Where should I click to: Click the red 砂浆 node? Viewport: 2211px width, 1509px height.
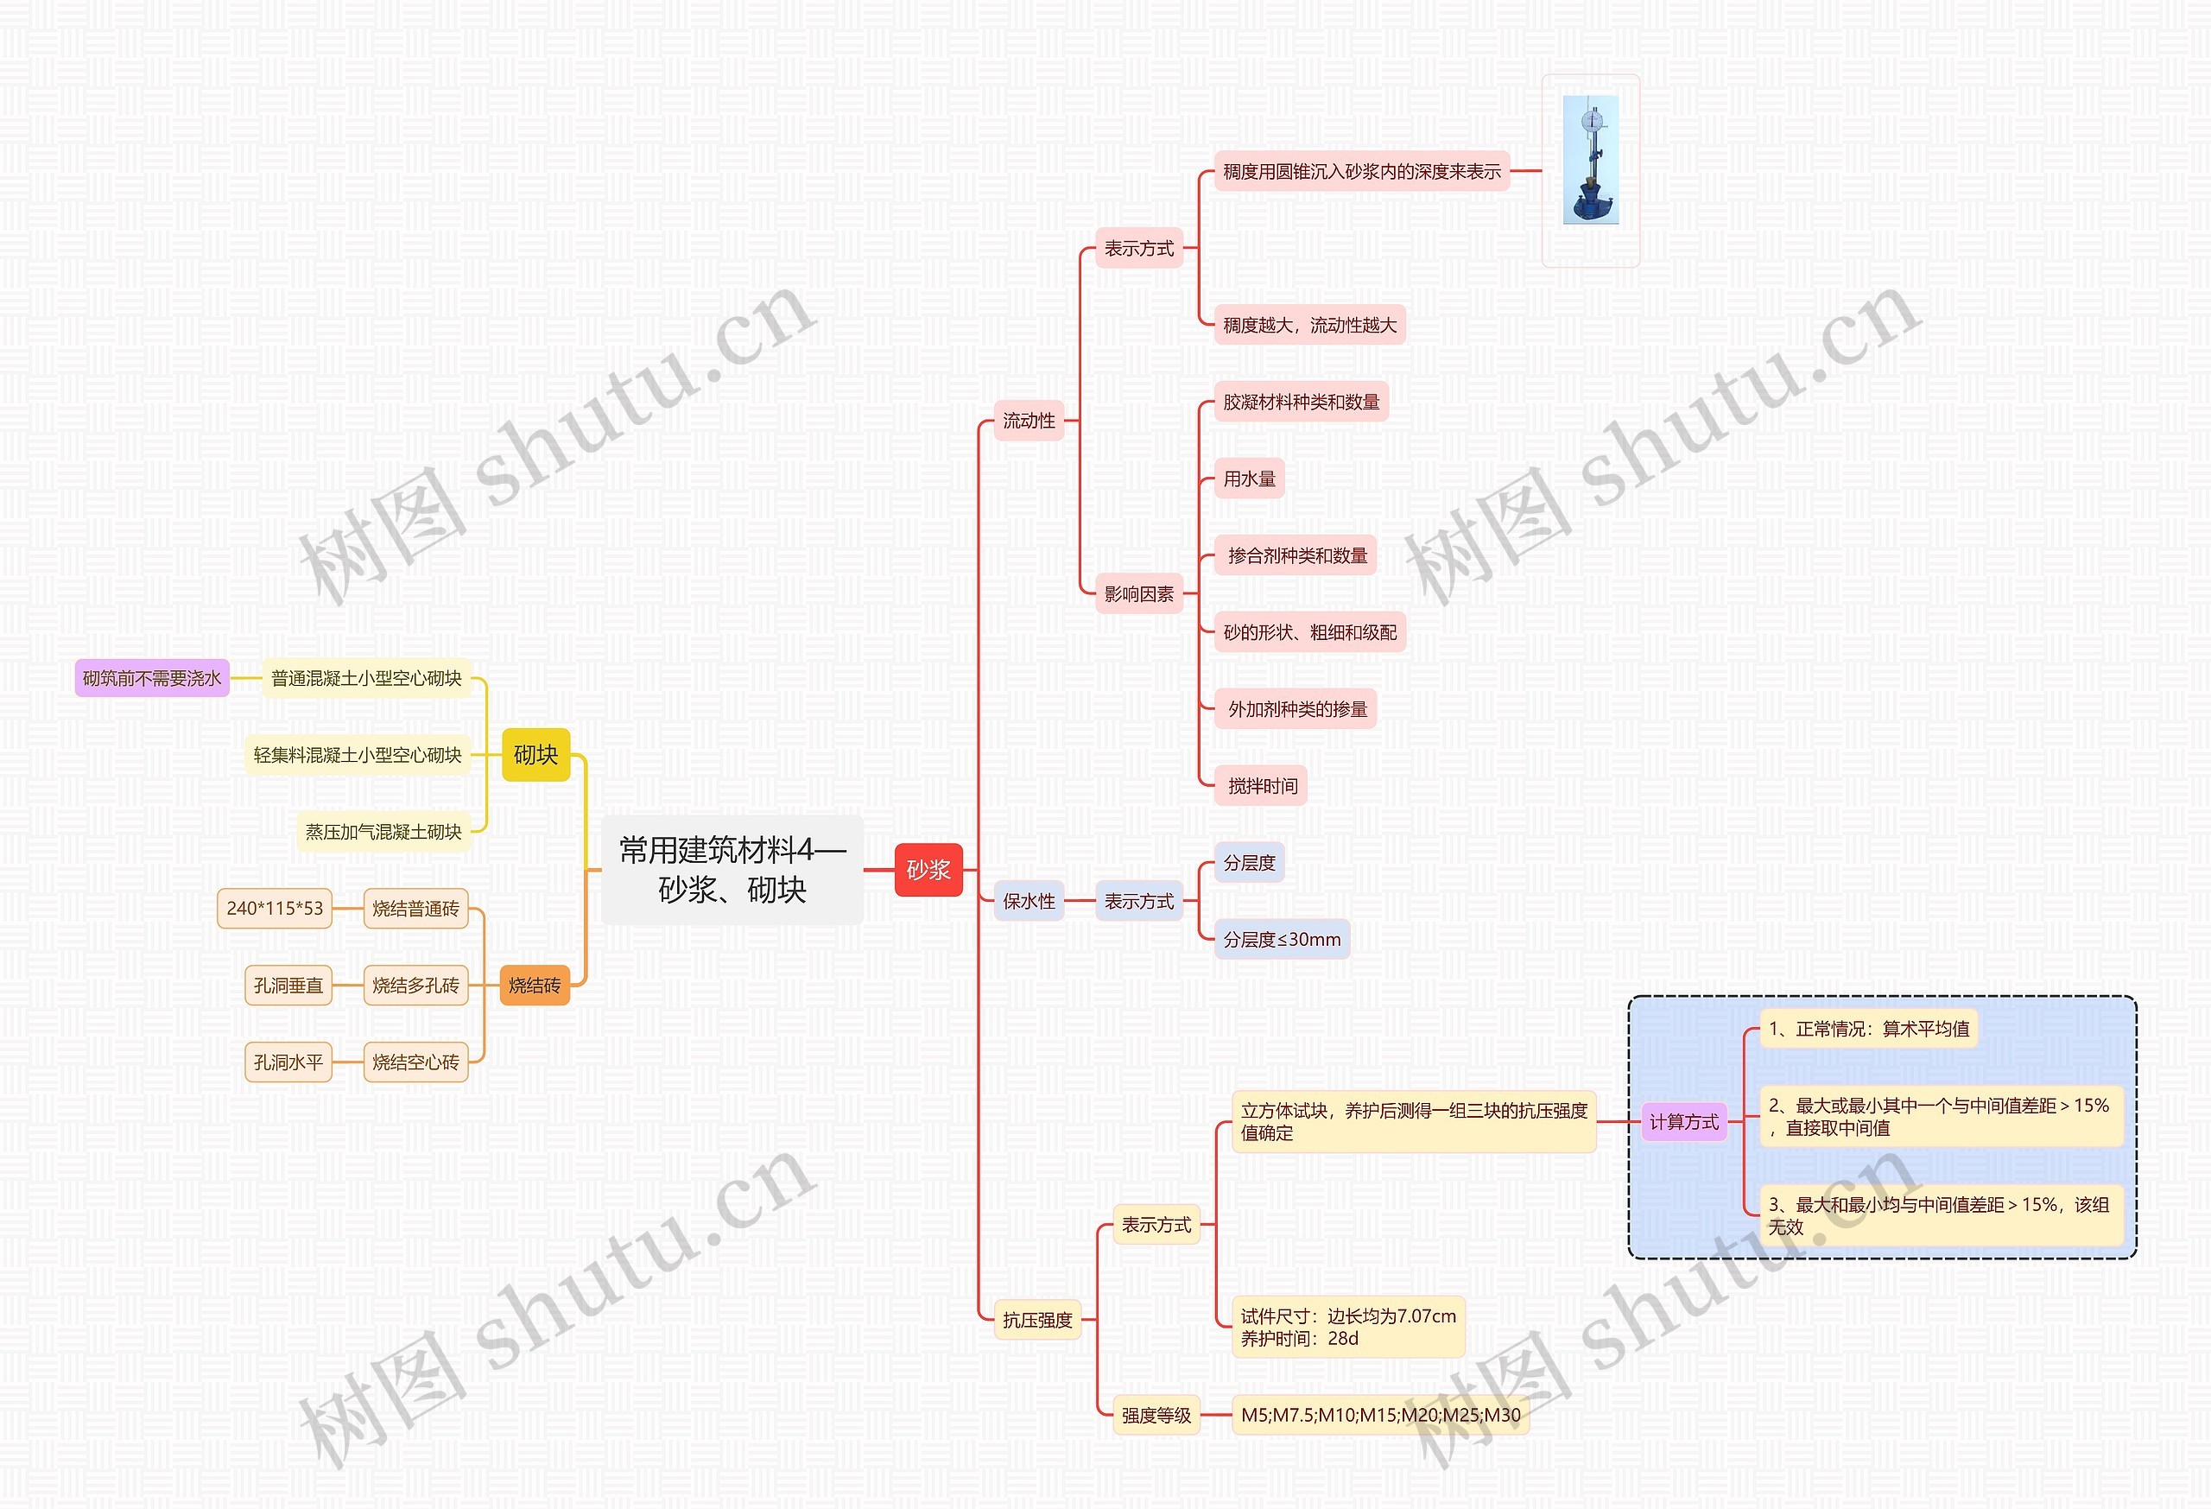coord(928,870)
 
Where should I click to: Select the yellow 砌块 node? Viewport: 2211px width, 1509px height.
coord(535,755)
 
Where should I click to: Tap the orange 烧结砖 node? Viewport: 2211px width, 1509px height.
coord(535,986)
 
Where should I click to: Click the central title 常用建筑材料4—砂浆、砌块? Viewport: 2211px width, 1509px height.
coord(732,870)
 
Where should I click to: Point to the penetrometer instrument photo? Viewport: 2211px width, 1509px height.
coord(1590,160)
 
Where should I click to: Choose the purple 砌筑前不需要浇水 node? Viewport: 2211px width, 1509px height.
coord(152,678)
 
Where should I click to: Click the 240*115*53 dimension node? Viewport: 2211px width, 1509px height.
coord(274,909)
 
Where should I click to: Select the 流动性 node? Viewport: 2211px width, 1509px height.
coord(1029,421)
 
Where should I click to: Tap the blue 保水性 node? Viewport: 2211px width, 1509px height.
coord(1029,901)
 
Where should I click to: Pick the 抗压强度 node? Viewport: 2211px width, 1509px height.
coord(1037,1320)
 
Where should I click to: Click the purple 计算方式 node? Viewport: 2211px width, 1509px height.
coord(1683,1122)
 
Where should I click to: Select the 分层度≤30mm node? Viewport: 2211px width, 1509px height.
coord(1282,940)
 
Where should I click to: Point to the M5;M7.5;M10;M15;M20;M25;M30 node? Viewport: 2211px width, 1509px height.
coord(1379,1415)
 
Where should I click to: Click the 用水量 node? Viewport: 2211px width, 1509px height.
coord(1249,479)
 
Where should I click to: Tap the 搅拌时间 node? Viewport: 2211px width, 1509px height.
coord(1262,786)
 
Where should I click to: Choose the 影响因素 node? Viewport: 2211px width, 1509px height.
coord(1139,593)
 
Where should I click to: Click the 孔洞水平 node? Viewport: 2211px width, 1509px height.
coord(288,1062)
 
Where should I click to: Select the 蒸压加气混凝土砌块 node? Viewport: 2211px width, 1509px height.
coord(383,832)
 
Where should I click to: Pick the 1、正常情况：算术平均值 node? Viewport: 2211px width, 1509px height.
coord(1868,1029)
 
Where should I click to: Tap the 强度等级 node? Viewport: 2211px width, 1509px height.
coord(1156,1415)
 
